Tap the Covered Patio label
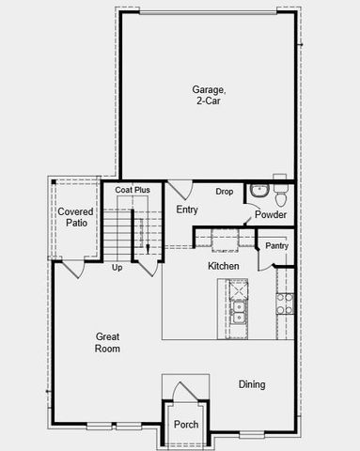[75, 218]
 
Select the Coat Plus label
[133, 191]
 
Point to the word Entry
[187, 210]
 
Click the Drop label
[224, 192]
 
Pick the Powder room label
[271, 215]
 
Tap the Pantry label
[276, 246]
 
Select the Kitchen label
[224, 267]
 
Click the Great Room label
[108, 342]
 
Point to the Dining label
[251, 384]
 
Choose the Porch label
[186, 425]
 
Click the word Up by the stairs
[117, 268]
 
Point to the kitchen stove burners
[284, 303]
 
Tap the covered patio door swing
[71, 268]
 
